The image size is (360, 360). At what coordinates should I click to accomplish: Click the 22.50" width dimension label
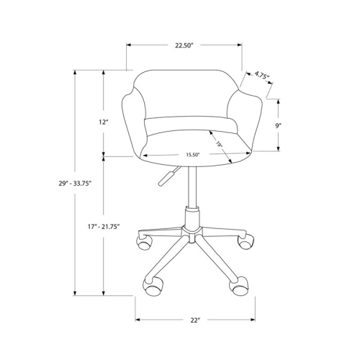click(184, 45)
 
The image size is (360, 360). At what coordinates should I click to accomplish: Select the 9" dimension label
click(277, 125)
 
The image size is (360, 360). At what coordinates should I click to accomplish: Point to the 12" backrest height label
click(103, 122)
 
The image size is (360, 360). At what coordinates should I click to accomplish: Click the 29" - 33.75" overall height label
click(75, 184)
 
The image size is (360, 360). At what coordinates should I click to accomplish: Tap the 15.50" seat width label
click(192, 155)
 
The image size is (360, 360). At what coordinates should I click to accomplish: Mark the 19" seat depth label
click(218, 145)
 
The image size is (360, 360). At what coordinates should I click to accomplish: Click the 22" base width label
click(194, 319)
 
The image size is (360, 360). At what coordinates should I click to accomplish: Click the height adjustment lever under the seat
click(166, 176)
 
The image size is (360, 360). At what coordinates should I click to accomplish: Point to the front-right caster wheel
click(237, 286)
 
